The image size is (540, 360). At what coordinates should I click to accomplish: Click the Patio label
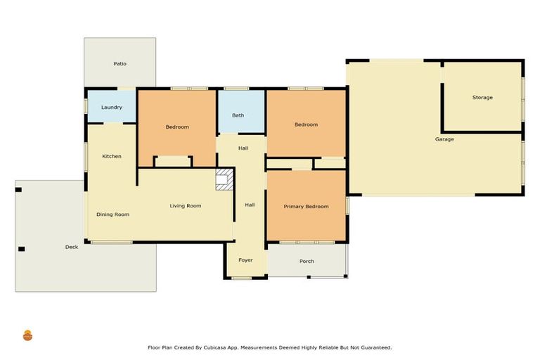pos(120,64)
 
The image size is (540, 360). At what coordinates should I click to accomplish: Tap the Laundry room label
pos(112,108)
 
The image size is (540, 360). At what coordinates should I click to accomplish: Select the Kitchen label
pos(112,156)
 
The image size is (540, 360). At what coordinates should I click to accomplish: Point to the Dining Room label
pos(112,214)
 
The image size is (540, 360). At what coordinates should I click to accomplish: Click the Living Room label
pos(186,206)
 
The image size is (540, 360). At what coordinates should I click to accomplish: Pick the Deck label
pos(71,247)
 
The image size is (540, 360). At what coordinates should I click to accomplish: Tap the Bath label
pos(238,115)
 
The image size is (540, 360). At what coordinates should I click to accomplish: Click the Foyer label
pos(245,260)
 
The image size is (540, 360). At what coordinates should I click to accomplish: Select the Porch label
pos(307,262)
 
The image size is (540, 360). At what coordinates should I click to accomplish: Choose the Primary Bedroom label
pos(306,207)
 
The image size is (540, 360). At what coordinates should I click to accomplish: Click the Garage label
pos(444,139)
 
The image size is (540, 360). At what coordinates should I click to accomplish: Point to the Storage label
pos(482,98)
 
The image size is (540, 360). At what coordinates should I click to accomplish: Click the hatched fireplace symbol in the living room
pos(224,179)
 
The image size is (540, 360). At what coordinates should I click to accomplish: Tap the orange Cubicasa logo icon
pos(28,335)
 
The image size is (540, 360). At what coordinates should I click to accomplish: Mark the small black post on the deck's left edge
pos(21,249)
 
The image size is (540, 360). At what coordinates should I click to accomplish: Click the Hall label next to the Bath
pos(243,148)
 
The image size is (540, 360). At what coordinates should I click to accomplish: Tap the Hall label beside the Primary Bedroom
pos(250,205)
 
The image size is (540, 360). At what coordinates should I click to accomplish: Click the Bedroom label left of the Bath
pos(177,127)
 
